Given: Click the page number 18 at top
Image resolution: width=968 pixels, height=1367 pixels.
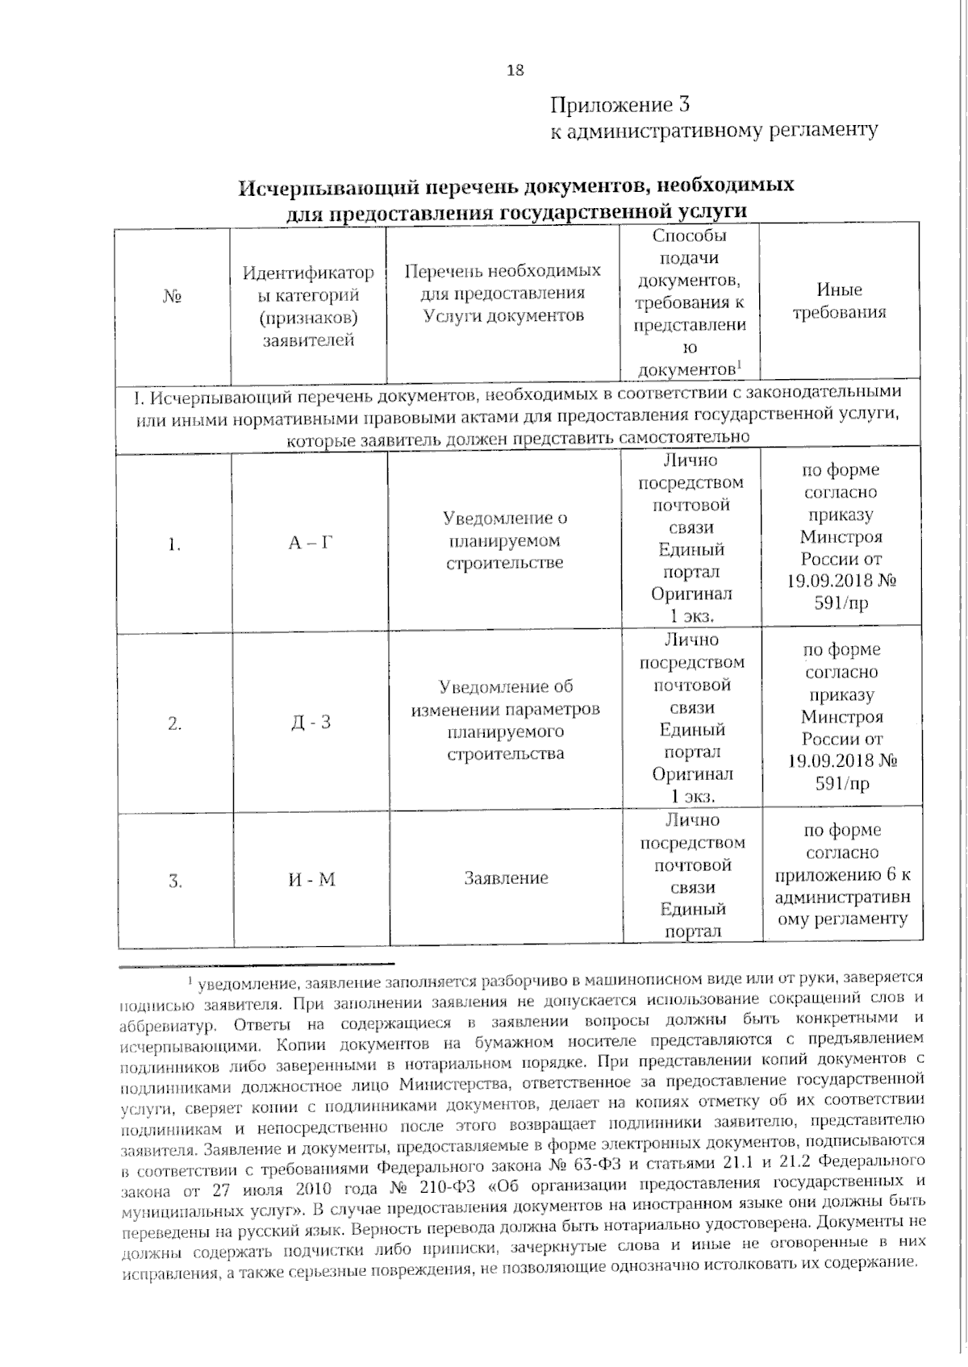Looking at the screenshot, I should pos(515,70).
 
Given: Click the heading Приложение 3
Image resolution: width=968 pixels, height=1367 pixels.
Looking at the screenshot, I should pos(620,105).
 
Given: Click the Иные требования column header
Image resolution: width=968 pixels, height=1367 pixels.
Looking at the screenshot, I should pos(839,301).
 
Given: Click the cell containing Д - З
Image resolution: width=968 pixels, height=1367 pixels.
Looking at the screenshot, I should pos(311,722).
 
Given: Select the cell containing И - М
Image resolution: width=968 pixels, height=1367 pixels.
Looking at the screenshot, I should pos(311,879).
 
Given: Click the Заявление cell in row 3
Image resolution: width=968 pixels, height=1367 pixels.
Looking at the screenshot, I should pos(506,878).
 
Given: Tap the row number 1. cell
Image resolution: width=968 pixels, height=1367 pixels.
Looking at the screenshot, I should pos(174,545).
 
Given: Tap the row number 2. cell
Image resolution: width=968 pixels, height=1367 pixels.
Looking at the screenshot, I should pos(174,723).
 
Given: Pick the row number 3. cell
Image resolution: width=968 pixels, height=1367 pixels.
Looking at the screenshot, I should pos(175,881).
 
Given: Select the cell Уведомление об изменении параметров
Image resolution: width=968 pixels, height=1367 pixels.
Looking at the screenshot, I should pos(505,720).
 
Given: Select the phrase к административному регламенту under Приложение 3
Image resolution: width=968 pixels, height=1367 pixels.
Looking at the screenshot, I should pos(713,130).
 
